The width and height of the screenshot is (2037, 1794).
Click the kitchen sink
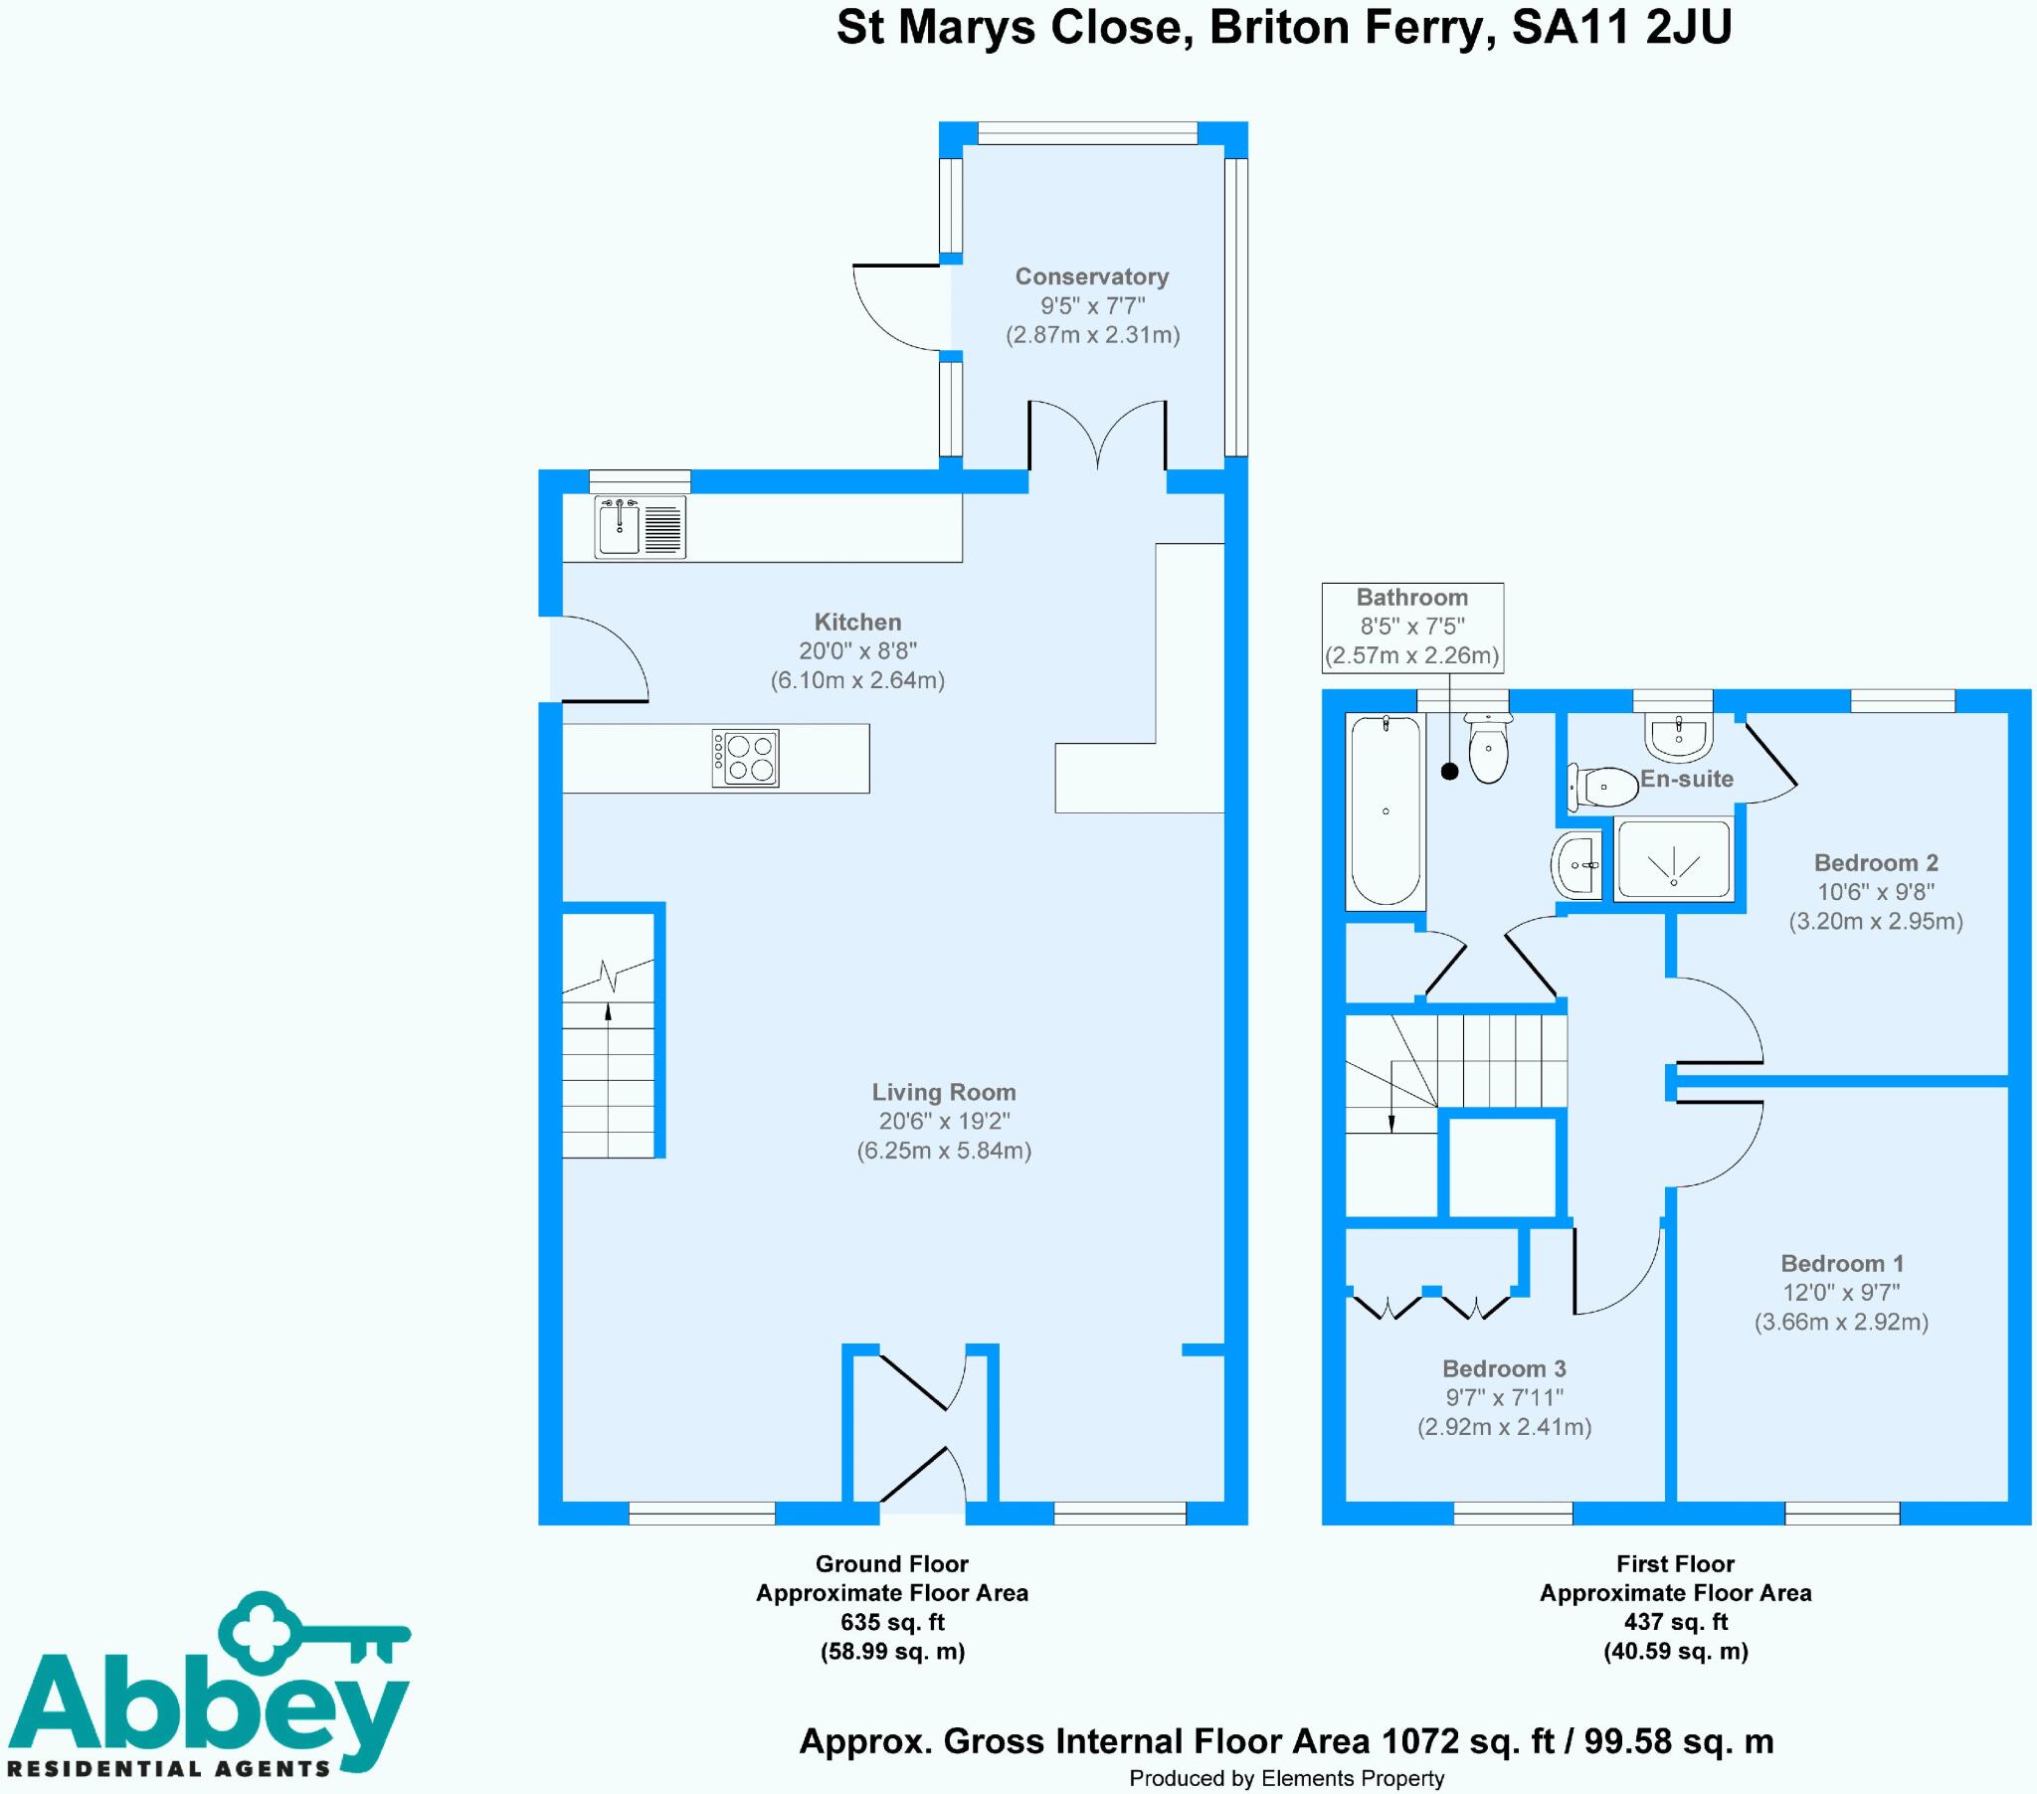640,526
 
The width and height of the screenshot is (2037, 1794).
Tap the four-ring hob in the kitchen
745,758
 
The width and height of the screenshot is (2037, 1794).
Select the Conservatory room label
1091,276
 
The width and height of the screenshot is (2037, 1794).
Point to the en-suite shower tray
1673,858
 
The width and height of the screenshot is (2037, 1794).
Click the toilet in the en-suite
1602,787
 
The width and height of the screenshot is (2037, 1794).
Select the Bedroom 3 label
1504,1368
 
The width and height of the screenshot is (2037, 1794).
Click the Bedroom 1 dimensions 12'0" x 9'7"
1841,1293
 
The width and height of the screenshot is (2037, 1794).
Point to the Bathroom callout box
1412,627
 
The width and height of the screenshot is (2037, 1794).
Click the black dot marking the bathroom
1450,772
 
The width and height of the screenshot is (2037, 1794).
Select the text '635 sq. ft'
892,1622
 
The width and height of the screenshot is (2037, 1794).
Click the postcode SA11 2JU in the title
1621,27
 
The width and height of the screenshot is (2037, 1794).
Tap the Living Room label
944,1092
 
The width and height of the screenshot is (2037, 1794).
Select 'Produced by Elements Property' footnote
1287,1778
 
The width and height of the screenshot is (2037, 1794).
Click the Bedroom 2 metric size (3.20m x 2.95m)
1876,921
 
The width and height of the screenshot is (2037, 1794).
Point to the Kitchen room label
857,622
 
